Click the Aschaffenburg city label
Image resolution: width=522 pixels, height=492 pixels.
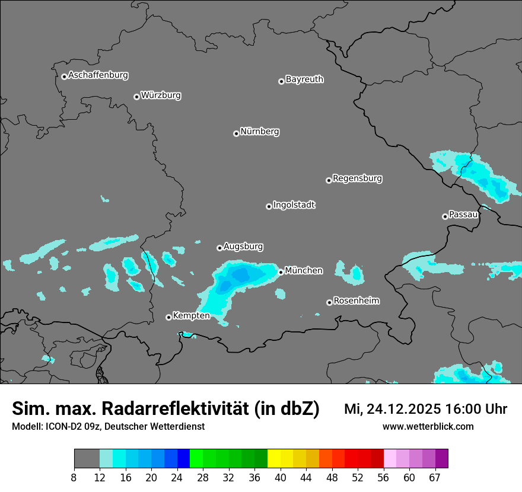tap(98, 75)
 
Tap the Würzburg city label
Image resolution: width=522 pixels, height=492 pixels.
tap(161, 95)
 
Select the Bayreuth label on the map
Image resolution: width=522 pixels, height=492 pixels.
tap(304, 79)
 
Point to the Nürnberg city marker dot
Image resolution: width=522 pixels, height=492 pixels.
tap(236, 133)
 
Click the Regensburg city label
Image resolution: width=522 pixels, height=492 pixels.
tap(357, 178)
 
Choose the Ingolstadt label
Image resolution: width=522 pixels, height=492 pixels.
tap(294, 205)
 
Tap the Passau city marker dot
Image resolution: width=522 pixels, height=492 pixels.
tap(445, 216)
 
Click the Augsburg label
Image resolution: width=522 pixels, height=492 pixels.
tap(243, 247)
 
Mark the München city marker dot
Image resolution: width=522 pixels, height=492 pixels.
tap(281, 272)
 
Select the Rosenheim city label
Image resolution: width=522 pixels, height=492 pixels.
tap(356, 301)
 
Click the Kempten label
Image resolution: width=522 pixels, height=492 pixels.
tap(191, 316)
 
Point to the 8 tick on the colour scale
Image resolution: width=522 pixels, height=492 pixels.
tap(74, 478)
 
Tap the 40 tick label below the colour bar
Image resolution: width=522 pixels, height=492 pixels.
tap(281, 478)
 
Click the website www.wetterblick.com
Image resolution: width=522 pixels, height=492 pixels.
tap(428, 427)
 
